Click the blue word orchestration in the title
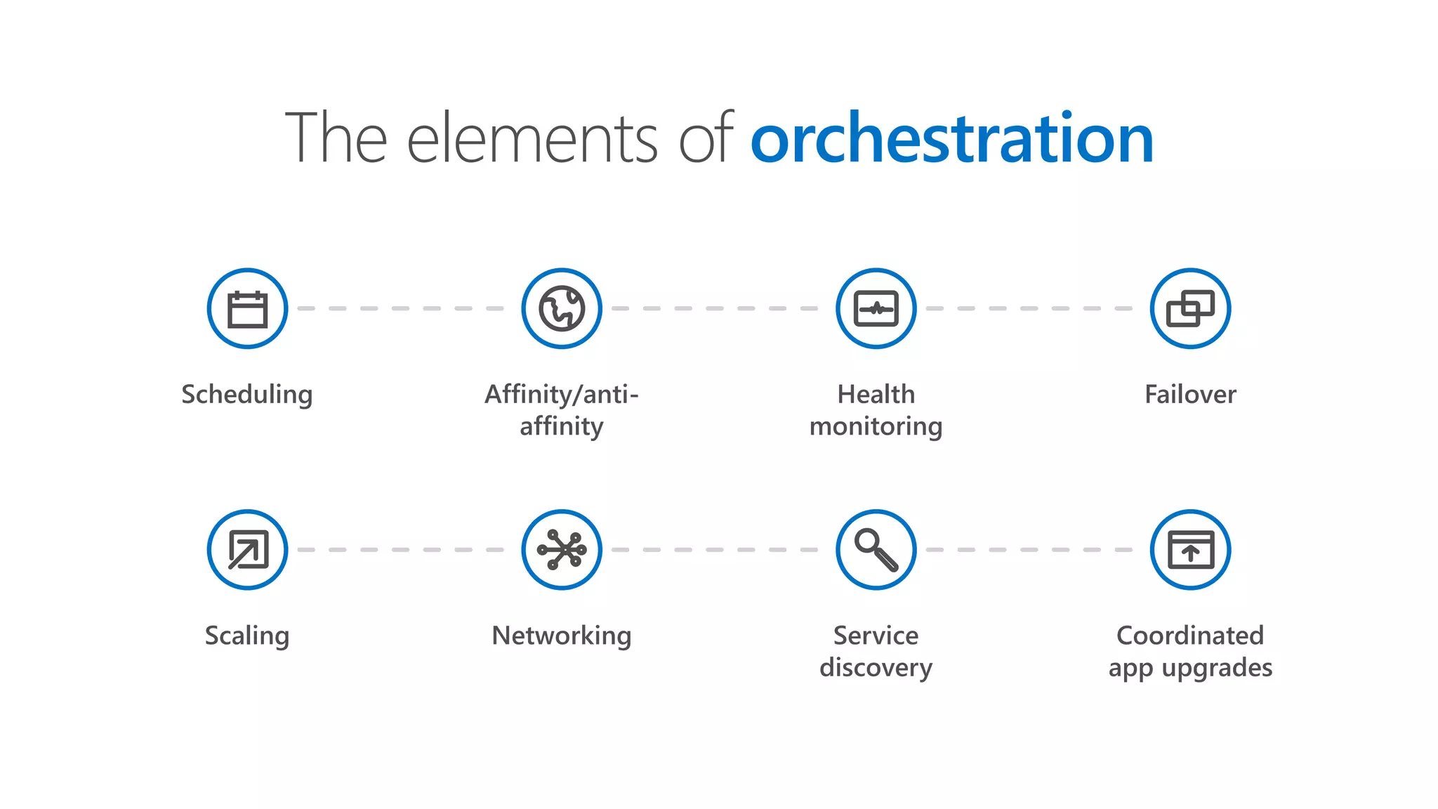(951, 139)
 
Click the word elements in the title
(532, 139)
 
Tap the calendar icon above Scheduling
(247, 308)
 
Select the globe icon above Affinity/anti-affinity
(562, 308)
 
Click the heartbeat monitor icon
(876, 308)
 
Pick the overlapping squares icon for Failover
(1190, 308)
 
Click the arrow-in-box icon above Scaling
(247, 550)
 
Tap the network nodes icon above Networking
(562, 550)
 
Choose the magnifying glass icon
(876, 550)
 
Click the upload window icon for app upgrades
(1190, 550)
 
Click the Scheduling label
(247, 395)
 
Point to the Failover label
(1190, 395)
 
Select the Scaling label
(247, 636)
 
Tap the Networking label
(562, 636)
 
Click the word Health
(876, 395)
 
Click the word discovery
(876, 668)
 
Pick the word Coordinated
(1190, 636)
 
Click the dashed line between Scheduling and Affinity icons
(400, 308)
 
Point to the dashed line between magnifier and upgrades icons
(1029, 550)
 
